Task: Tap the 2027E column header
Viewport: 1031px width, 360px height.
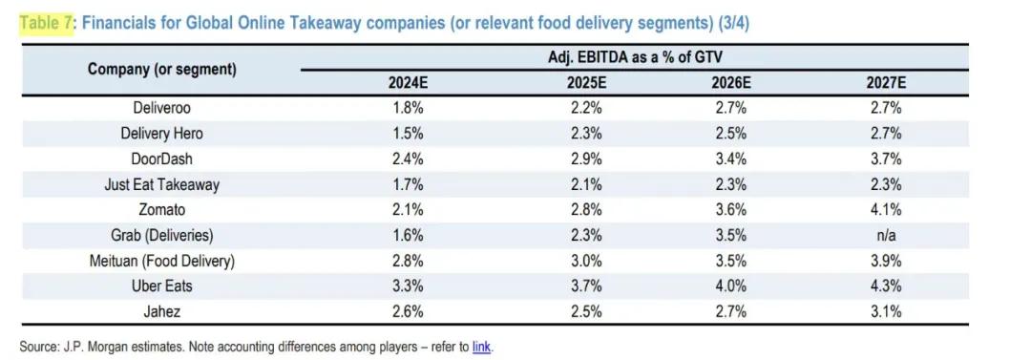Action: [886, 83]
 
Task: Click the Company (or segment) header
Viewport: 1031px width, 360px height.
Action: [161, 69]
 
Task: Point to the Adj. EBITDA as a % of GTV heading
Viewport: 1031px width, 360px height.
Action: [635, 57]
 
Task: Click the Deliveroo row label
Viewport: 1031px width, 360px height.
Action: [161, 108]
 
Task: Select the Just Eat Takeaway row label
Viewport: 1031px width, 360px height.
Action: [161, 185]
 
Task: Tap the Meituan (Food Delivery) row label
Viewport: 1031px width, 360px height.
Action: [161, 262]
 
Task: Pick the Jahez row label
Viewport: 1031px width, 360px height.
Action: [161, 312]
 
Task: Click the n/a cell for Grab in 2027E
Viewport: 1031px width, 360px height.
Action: [886, 236]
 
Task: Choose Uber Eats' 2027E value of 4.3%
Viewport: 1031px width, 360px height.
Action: [886, 286]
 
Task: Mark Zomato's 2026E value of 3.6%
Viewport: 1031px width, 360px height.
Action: [730, 210]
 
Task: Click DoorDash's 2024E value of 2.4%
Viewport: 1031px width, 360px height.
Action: [408, 159]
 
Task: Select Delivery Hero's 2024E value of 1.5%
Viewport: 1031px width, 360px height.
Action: [408, 134]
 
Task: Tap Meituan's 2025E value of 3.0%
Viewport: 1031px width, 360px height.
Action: [586, 262]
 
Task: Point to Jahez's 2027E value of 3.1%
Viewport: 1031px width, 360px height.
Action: [886, 312]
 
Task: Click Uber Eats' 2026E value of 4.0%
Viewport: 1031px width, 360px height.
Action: [730, 286]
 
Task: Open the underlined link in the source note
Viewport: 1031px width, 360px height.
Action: [481, 347]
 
